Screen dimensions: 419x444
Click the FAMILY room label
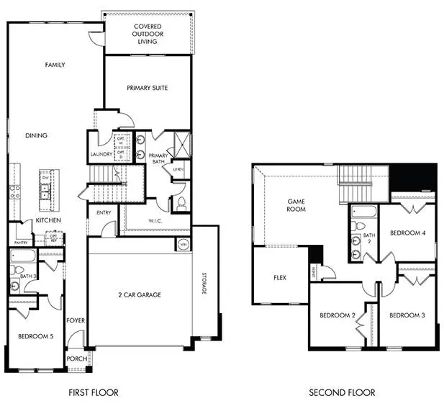(55, 65)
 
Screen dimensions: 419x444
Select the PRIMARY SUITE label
(147, 88)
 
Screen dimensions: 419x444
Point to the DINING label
(36, 135)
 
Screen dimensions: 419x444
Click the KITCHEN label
(48, 220)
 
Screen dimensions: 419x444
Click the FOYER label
(76, 320)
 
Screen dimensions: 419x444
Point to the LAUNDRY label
(100, 154)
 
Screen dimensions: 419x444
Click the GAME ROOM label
(296, 205)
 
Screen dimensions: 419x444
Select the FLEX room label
(281, 277)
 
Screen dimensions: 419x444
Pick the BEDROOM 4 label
(408, 233)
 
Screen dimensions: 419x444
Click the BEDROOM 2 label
(338, 315)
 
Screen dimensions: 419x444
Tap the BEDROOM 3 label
(408, 315)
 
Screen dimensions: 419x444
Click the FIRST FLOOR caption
(94, 392)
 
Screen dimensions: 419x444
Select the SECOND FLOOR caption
(342, 392)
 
